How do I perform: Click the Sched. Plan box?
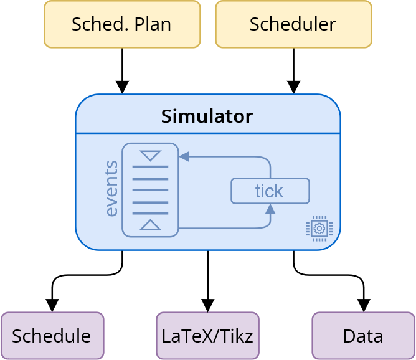pyautogui.click(x=122, y=24)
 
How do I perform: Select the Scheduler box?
pyautogui.click(x=293, y=24)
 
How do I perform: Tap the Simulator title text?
pyautogui.click(x=207, y=116)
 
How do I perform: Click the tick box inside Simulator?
pyautogui.click(x=270, y=191)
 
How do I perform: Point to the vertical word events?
pyautogui.click(x=111, y=189)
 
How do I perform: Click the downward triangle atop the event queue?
pyautogui.click(x=150, y=155)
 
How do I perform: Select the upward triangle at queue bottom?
pyautogui.click(x=150, y=225)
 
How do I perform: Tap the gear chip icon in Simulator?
pyautogui.click(x=319, y=228)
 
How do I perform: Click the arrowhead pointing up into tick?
pyautogui.click(x=270, y=209)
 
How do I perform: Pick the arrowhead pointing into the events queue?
pyautogui.click(x=184, y=157)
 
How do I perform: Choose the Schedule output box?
pyautogui.click(x=52, y=336)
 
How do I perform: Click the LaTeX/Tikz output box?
pyautogui.click(x=207, y=336)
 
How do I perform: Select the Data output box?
pyautogui.click(x=363, y=336)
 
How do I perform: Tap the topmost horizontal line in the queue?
pyautogui.click(x=150, y=168)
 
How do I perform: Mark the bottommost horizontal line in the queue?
pyautogui.click(x=150, y=214)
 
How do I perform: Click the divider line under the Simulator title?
pyautogui.click(x=207, y=133)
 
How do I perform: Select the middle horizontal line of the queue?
pyautogui.click(x=150, y=191)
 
